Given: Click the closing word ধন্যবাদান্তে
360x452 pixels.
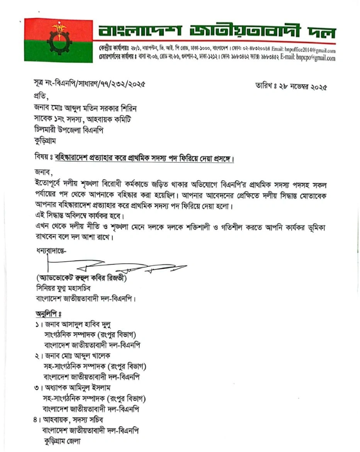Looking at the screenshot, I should coord(51,251).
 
